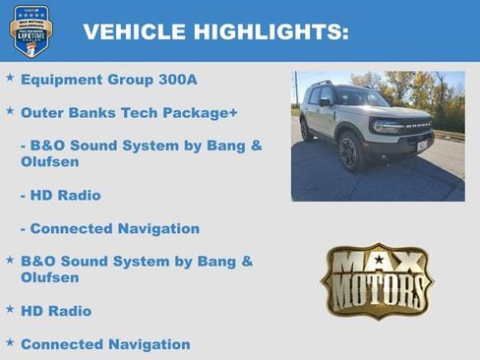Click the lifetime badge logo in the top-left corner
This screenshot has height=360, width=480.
[x=30, y=30]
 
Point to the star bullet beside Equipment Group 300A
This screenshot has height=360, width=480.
[x=10, y=77]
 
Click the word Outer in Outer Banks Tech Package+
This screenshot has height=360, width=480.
[x=41, y=113]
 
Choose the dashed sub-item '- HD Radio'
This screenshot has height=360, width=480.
[x=60, y=195]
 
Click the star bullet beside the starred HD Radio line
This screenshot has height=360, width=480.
[x=10, y=309]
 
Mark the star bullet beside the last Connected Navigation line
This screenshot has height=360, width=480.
[x=10, y=342]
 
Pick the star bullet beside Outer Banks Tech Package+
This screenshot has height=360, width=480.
[x=10, y=110]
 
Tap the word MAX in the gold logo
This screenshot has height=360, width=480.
[x=378, y=263]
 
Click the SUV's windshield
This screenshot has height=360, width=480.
[x=361, y=98]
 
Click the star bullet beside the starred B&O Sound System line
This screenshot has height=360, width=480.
[x=10, y=259]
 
